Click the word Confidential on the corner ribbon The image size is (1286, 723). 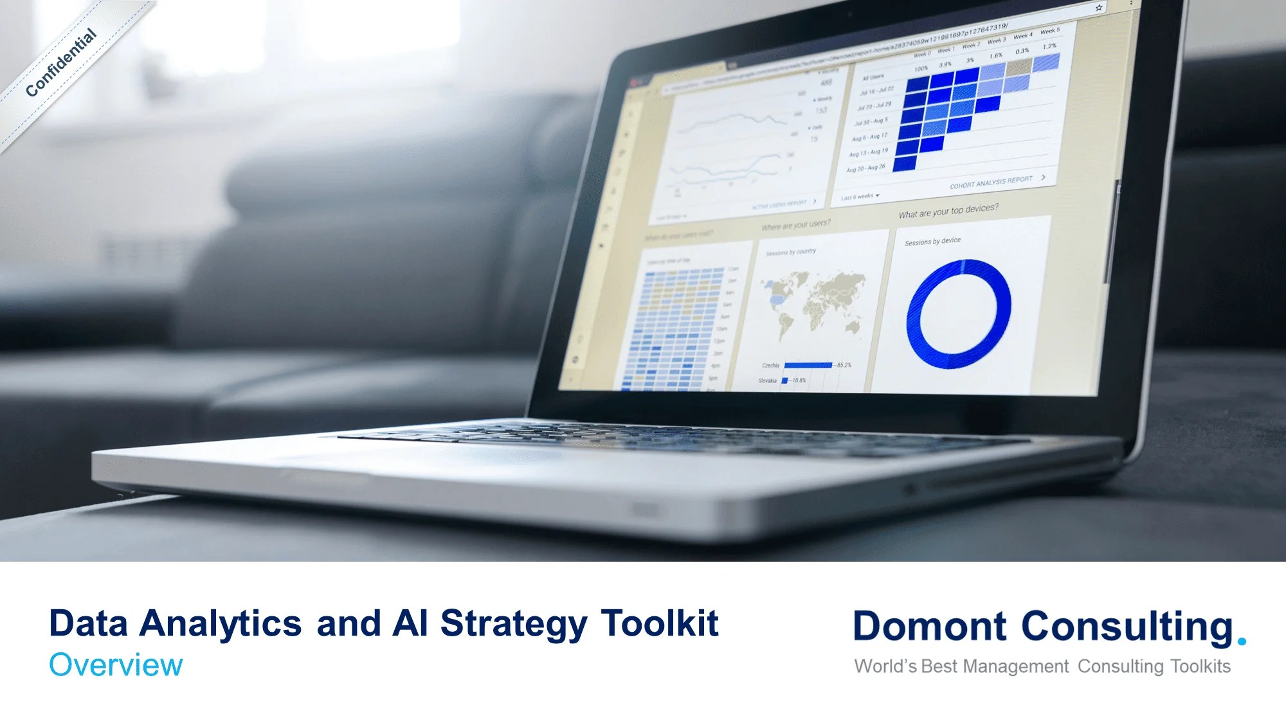coord(61,63)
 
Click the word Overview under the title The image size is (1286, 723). coord(116,665)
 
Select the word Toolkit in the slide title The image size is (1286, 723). coord(660,623)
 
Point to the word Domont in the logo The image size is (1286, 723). coord(929,626)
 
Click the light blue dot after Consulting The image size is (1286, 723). coord(1242,641)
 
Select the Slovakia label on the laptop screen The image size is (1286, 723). coord(767,380)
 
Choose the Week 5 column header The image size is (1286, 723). coord(1049,31)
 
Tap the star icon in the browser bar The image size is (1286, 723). coord(1099,8)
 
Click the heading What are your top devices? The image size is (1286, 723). coord(948,211)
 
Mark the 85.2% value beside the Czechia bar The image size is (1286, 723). coord(844,365)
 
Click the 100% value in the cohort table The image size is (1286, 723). coord(921,69)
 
